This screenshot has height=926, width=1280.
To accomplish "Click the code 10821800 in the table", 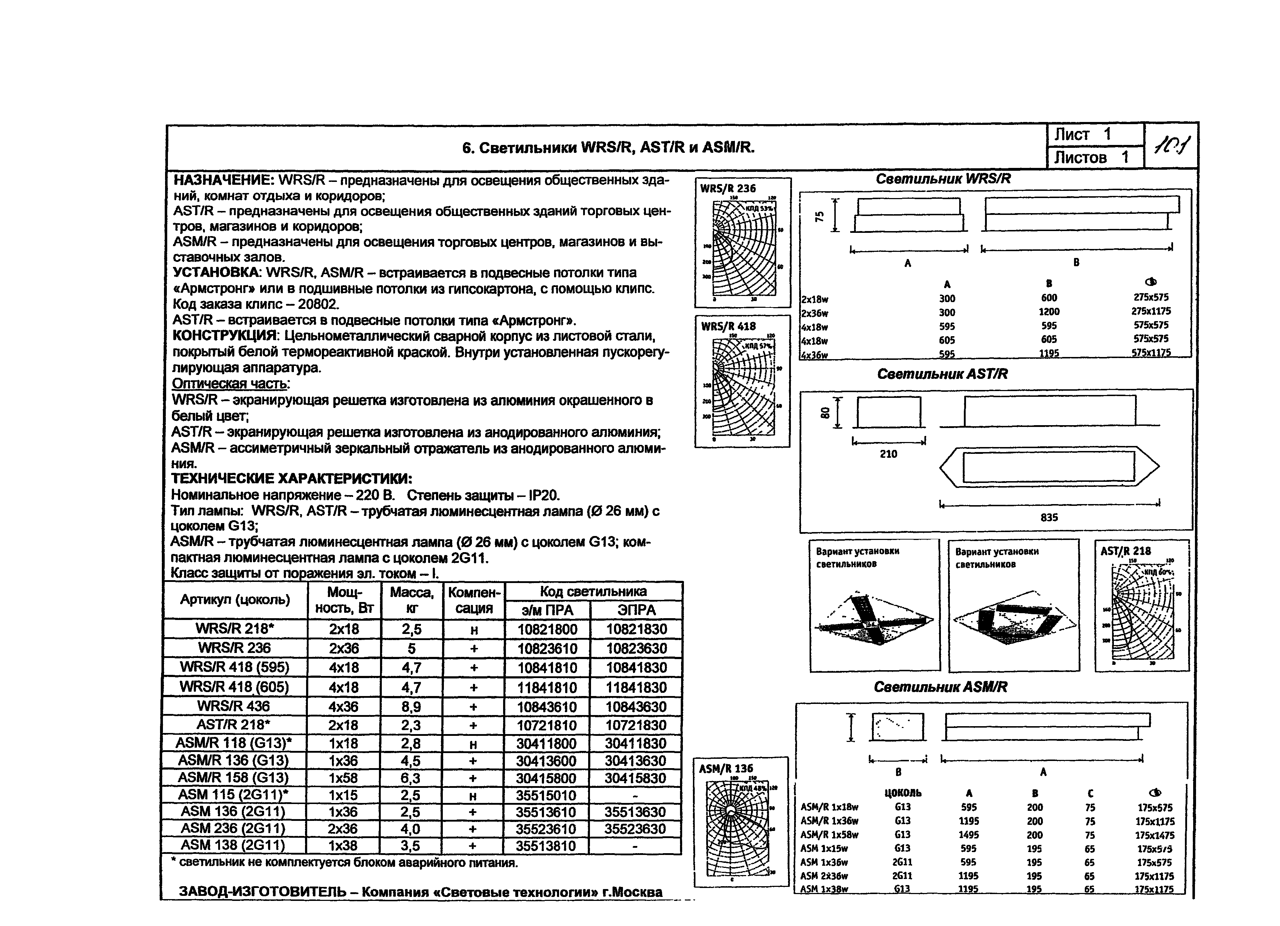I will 548,629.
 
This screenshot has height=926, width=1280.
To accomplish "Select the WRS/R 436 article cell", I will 234,706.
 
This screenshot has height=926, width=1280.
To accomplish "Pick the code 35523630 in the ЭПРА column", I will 636,829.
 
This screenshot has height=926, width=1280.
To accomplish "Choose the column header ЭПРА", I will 637,610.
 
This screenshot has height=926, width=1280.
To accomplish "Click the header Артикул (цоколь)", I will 235,599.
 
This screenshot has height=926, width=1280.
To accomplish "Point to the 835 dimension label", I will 1049,517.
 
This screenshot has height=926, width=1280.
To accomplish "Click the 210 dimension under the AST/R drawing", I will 889,454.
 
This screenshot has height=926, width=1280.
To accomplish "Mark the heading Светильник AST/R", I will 942,374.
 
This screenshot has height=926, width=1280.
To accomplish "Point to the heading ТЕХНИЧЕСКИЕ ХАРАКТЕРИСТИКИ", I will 292,479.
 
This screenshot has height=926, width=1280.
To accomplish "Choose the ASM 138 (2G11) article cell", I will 233,845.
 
